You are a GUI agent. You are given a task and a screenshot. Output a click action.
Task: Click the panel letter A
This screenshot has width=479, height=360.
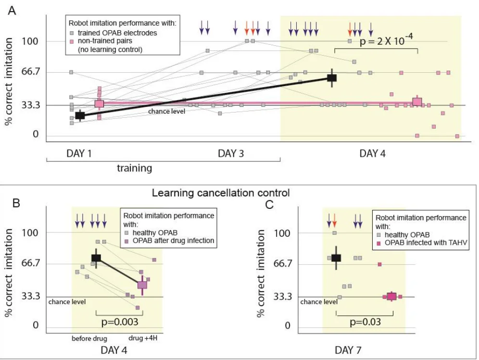point(12,11)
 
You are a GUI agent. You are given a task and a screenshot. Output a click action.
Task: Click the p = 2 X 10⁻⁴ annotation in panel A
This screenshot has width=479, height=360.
point(386,40)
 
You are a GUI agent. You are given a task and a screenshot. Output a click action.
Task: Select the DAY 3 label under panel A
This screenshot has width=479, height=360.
point(231,154)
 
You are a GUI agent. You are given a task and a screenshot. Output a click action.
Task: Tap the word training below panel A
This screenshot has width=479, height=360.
point(134,168)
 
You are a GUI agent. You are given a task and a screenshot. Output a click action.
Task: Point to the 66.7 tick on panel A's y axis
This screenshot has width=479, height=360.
point(31,72)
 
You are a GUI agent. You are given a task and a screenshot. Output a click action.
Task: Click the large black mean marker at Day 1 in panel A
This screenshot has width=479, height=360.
point(80,116)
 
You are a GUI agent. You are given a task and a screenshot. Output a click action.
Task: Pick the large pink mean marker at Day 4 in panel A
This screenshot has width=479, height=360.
point(417,102)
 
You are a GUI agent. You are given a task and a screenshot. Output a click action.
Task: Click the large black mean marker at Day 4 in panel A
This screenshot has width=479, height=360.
point(332,77)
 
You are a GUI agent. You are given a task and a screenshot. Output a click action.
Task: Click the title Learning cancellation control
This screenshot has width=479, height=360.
point(221,193)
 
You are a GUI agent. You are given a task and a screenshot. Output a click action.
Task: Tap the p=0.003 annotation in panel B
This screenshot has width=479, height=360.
point(120,322)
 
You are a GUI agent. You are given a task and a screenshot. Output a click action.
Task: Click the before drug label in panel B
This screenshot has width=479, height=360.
point(89,339)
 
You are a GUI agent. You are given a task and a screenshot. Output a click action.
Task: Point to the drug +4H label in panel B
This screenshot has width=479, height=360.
point(143,338)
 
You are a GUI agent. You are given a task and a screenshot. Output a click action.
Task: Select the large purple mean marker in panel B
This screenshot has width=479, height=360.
point(142,285)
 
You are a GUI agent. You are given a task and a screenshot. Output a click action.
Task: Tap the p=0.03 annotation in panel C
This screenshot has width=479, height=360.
point(366,322)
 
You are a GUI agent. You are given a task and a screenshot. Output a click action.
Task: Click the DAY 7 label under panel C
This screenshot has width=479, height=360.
point(348,350)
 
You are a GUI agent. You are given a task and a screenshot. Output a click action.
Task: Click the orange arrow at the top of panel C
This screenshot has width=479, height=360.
point(335,220)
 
